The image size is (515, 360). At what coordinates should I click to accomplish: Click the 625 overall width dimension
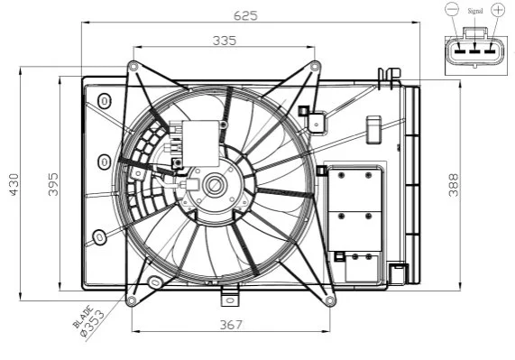click(x=245, y=15)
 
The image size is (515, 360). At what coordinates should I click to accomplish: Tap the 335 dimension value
click(x=225, y=41)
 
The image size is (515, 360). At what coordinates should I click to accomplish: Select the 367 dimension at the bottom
click(x=231, y=325)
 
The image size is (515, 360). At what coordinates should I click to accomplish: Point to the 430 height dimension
click(x=14, y=185)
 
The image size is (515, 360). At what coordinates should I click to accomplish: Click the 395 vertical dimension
click(x=53, y=185)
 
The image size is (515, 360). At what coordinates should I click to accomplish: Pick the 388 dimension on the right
click(x=454, y=185)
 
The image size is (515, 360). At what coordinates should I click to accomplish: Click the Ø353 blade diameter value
click(x=93, y=324)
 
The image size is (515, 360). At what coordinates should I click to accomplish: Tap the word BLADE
click(x=83, y=317)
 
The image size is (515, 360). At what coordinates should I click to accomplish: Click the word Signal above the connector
click(x=475, y=11)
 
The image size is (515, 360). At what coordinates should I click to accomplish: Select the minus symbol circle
click(x=452, y=9)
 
